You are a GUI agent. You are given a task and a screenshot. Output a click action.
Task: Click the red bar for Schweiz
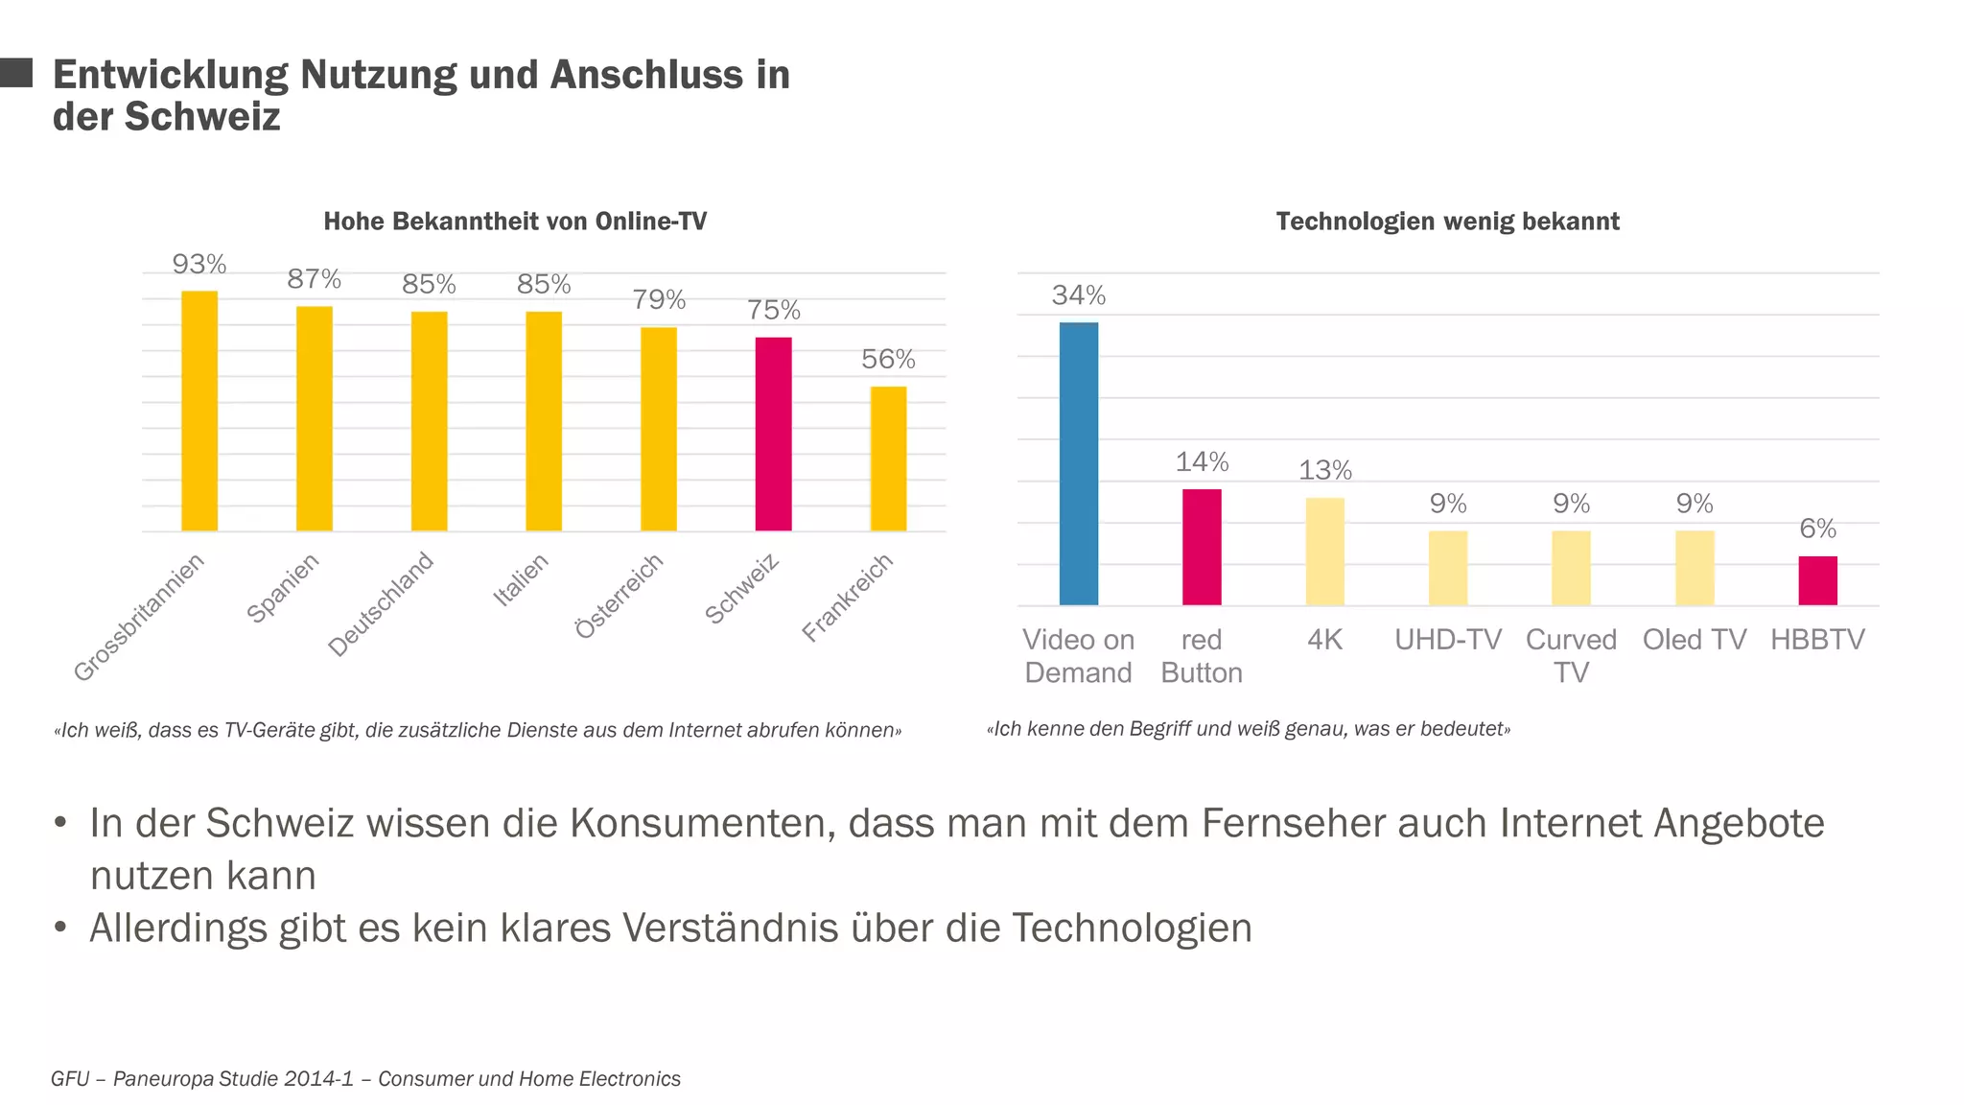tap(773, 434)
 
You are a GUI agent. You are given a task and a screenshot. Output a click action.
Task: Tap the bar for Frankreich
tap(888, 458)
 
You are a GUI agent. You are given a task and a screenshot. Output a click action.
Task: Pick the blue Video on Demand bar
tap(1078, 463)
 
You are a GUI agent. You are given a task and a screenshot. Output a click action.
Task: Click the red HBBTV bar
tap(1817, 580)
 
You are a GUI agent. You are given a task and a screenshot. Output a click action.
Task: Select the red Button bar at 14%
tap(1202, 547)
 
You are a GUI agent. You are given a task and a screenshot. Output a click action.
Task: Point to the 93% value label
tap(199, 264)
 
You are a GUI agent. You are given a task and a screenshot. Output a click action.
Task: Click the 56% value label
tap(888, 360)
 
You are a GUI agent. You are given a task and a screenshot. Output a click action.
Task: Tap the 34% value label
tap(1078, 295)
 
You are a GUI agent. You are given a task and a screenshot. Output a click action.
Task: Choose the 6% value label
tap(1817, 529)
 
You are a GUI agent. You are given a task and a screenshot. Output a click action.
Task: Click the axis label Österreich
tap(620, 596)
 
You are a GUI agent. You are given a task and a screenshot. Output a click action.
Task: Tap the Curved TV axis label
tap(1571, 655)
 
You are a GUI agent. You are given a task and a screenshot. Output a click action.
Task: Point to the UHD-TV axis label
tap(1447, 640)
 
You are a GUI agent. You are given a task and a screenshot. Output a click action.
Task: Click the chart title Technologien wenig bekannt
tap(1447, 222)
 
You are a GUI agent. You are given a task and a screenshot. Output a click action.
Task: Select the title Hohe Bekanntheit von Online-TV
tap(515, 222)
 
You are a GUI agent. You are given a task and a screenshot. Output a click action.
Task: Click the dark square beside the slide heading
tap(16, 73)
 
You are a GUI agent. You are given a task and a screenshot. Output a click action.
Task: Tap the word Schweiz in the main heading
tap(202, 117)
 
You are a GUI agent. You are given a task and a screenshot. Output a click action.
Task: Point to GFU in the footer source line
tap(70, 1079)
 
